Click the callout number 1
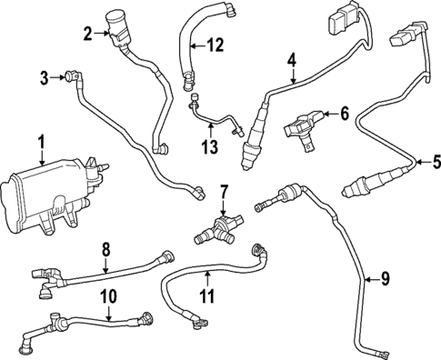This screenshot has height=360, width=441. pyautogui.click(x=41, y=142)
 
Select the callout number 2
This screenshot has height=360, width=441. pyautogui.click(x=88, y=35)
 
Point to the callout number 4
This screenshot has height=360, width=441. pyautogui.click(x=292, y=60)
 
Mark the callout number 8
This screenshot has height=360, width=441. pyautogui.click(x=105, y=247)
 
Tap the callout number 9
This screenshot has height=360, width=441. pyautogui.click(x=384, y=279)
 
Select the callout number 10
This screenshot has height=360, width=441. pyautogui.click(x=108, y=295)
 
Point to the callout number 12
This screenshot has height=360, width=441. pyautogui.click(x=214, y=45)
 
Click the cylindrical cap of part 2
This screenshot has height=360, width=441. pyautogui.click(x=116, y=18)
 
